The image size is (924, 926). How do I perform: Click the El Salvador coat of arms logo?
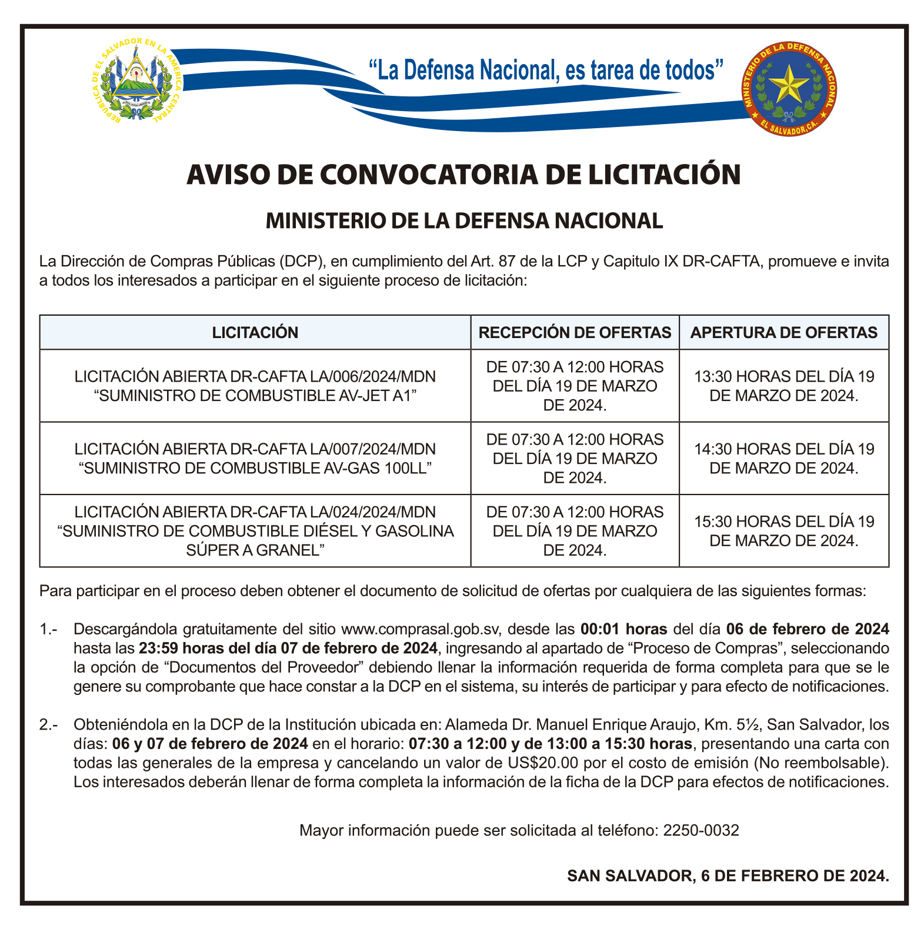click(x=137, y=81)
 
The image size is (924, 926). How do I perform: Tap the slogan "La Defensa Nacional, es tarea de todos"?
click(x=545, y=70)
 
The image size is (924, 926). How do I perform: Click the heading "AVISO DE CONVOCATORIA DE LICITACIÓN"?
click(x=463, y=175)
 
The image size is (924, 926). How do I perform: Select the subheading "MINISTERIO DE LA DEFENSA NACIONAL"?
click(x=464, y=221)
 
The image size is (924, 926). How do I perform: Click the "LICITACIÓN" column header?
click(x=255, y=333)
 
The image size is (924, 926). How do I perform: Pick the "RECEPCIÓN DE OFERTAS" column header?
click(x=575, y=333)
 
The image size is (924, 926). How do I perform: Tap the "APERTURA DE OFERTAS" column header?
click(x=783, y=333)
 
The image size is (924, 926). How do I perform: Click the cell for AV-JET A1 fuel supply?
click(x=255, y=386)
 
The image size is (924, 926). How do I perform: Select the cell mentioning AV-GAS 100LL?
click(x=255, y=459)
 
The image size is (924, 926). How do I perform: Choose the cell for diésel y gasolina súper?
click(x=255, y=531)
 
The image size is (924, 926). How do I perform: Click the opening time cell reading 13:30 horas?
click(x=783, y=386)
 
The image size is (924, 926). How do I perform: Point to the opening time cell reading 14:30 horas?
click(x=783, y=459)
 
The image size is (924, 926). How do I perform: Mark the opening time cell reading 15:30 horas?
click(x=783, y=531)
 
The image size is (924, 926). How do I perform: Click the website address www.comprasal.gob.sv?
click(x=420, y=630)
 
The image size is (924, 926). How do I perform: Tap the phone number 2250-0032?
click(x=700, y=831)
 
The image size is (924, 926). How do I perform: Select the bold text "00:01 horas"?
click(x=623, y=630)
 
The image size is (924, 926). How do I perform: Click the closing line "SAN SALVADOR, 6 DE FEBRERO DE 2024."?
click(x=728, y=876)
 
